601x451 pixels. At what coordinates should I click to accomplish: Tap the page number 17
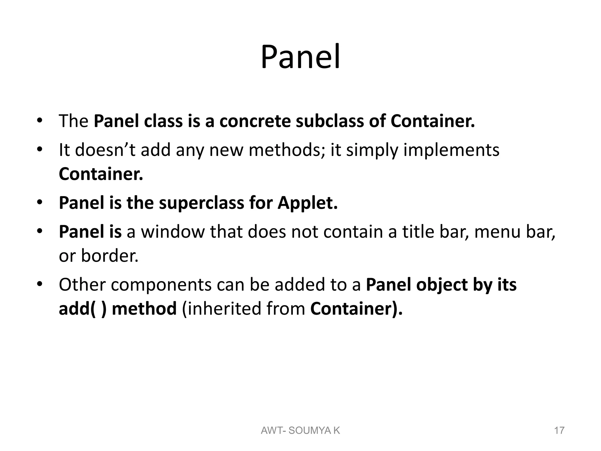[559, 430]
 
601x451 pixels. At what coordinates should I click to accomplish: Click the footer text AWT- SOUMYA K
[300, 430]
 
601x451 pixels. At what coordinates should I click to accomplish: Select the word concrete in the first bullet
[255, 121]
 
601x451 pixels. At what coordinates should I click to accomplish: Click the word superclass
[201, 203]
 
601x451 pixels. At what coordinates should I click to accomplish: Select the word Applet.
[308, 203]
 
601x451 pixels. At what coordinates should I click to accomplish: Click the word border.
[109, 255]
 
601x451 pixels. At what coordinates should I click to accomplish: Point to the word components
[161, 285]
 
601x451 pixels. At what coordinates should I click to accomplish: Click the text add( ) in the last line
[83, 309]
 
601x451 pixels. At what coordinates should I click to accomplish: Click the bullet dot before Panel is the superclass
[40, 203]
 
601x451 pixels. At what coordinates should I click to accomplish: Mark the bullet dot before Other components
[40, 285]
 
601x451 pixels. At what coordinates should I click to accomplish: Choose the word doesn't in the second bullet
[105, 150]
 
